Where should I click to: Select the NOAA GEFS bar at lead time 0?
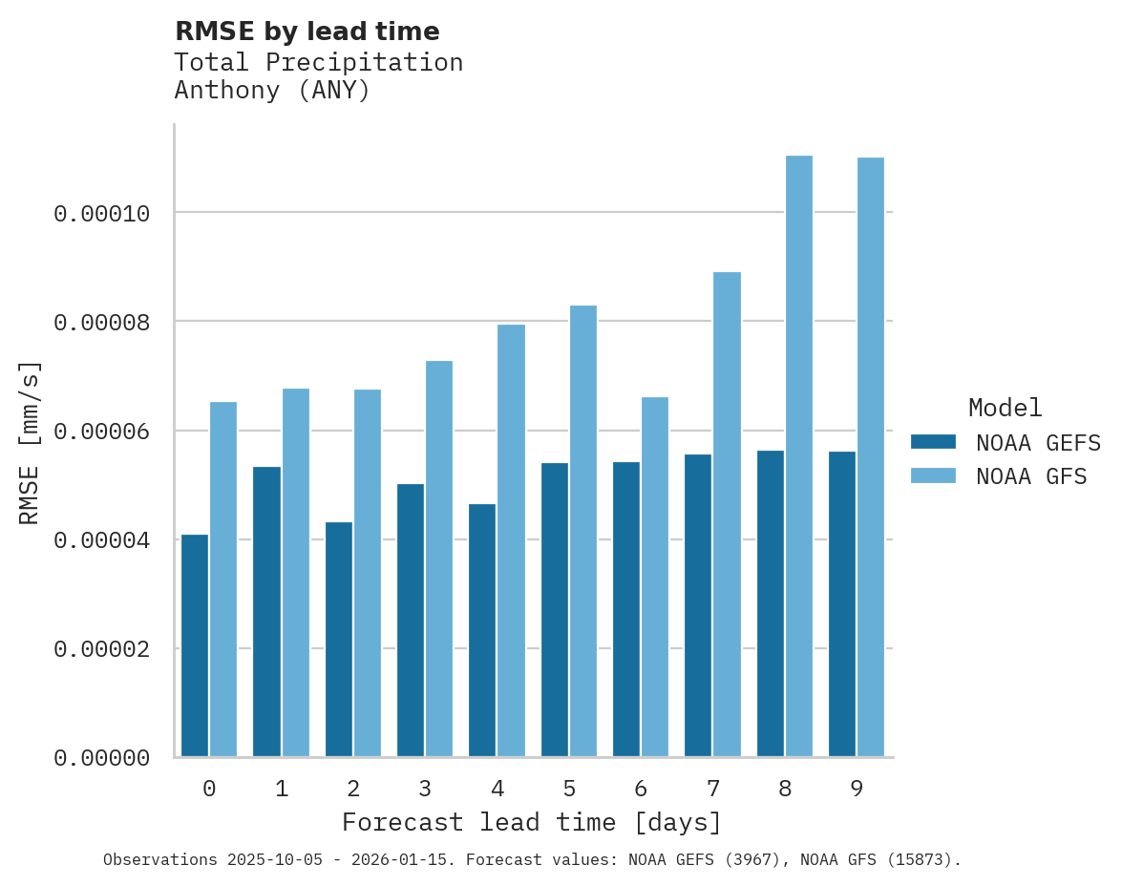[x=195, y=645]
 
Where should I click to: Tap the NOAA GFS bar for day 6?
[x=655, y=577]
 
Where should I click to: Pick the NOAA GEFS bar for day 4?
[x=482, y=630]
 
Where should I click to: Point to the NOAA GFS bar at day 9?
[x=871, y=457]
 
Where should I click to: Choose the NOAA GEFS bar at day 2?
[x=339, y=640]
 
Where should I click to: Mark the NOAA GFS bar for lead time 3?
[x=439, y=559]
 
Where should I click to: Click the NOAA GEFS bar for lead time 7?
[x=698, y=605]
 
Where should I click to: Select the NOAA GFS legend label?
[x=1031, y=475]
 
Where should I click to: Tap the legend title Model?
[x=1005, y=408]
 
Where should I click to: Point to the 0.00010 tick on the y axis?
[x=101, y=213]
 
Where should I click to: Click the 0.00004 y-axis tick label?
[x=101, y=540]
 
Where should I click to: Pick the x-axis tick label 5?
[x=569, y=790]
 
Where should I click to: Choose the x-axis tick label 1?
[x=282, y=790]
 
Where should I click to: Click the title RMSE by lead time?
[x=307, y=32]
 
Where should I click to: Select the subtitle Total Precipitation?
[x=318, y=62]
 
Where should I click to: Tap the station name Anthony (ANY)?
[x=272, y=91]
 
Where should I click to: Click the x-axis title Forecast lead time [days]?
[x=532, y=822]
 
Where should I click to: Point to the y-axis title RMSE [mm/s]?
[x=30, y=442]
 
